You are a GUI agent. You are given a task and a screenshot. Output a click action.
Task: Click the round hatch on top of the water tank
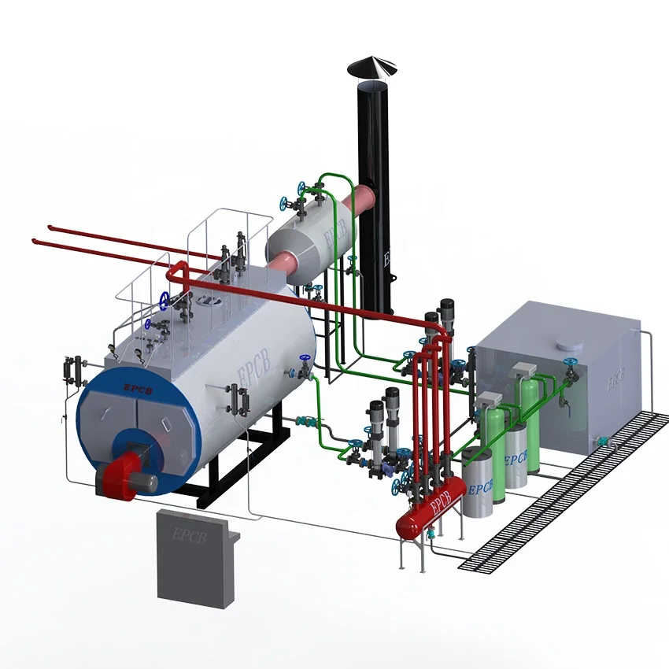tap(567, 345)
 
